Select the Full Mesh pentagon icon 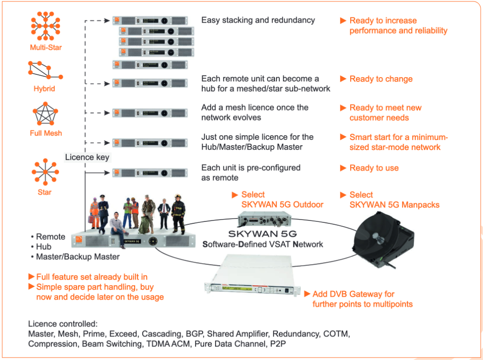46,115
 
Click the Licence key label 87,157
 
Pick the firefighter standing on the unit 178,213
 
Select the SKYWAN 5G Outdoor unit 262,220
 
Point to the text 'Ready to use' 374,168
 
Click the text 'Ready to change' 381,79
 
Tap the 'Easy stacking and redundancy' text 258,20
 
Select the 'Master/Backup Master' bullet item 78,256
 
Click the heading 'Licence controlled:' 63,324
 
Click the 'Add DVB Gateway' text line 353,294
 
